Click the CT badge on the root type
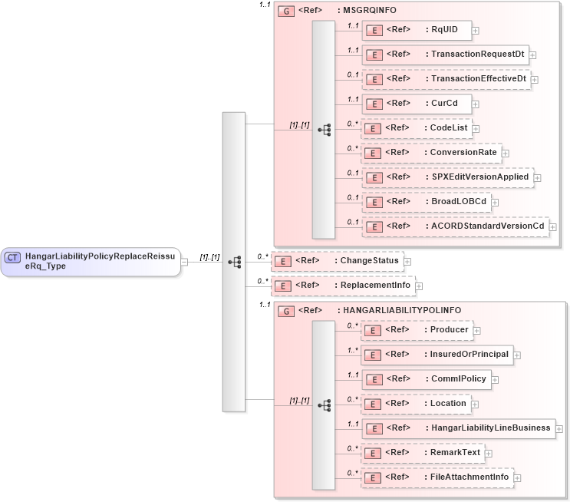(13, 257)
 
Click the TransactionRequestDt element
(444, 54)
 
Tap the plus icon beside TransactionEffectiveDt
(535, 79)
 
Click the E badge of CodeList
(372, 128)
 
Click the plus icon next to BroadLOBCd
(496, 202)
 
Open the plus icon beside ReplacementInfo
(419, 286)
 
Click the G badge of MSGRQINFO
(285, 11)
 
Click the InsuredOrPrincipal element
(437, 354)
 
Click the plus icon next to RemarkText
(488, 453)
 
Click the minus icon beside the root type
(185, 262)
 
